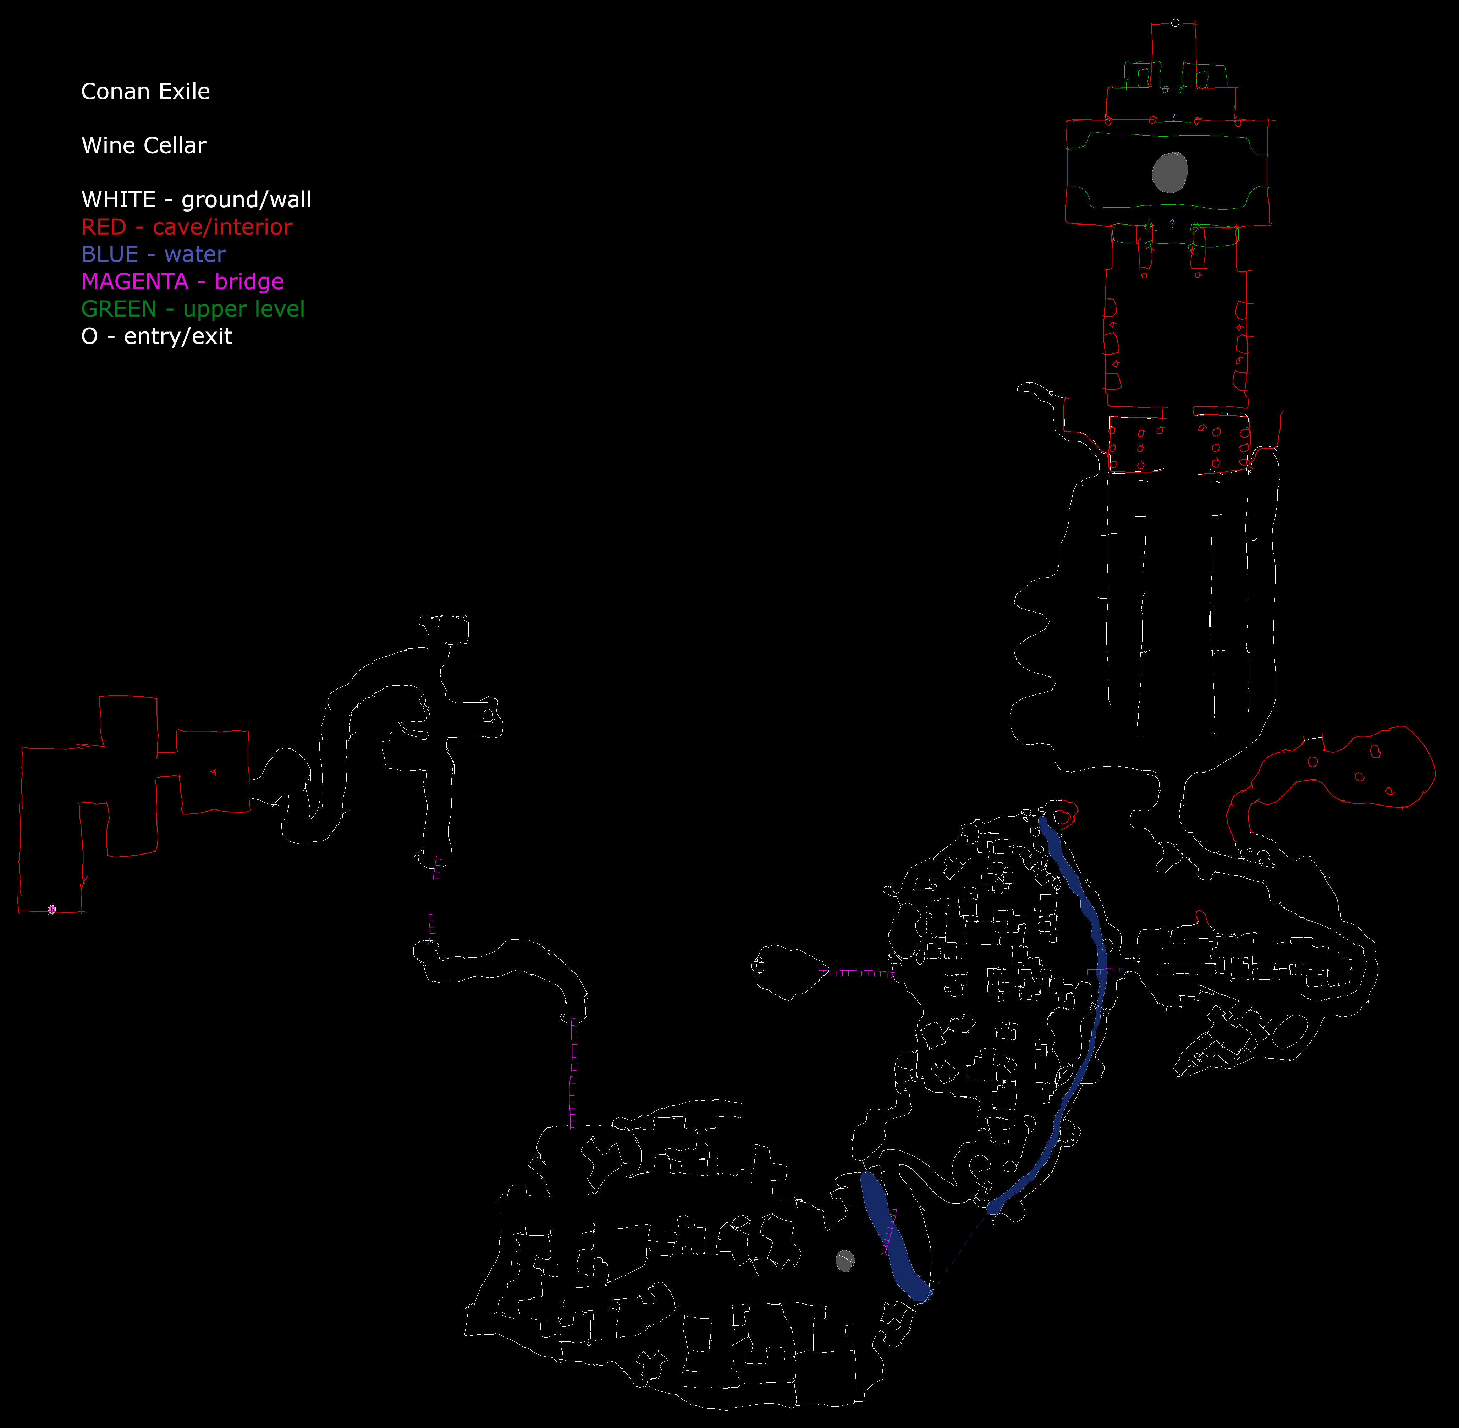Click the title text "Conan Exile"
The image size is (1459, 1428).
(145, 92)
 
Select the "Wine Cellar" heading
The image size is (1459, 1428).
(143, 145)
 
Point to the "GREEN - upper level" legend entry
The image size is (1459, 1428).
(193, 309)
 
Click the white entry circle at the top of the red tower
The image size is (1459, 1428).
(1175, 22)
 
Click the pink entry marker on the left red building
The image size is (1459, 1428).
(52, 910)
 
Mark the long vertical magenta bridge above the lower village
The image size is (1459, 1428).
(573, 1072)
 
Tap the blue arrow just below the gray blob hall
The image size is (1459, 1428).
(1173, 223)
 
